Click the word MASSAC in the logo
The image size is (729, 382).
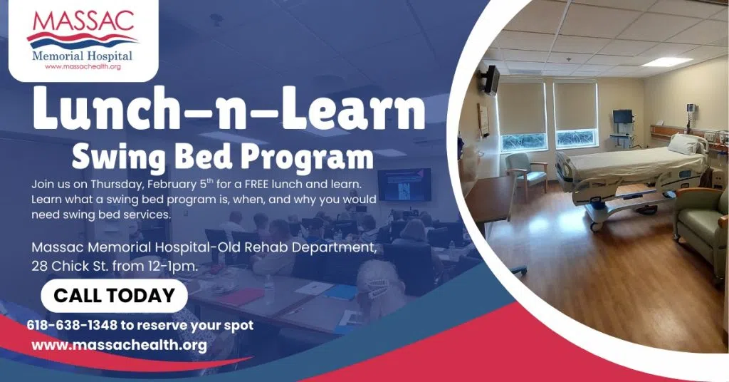coord(83,21)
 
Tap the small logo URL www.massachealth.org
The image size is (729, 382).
coord(83,66)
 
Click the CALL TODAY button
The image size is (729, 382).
coord(115,296)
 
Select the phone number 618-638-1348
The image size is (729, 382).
coord(72,325)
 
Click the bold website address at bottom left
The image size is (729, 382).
coord(120,345)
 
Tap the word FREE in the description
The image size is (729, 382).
coord(257,184)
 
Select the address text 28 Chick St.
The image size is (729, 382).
coord(70,266)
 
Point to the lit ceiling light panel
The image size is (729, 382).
coord(667,61)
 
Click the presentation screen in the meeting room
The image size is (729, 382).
coord(404,185)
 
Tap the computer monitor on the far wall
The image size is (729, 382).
coord(622,116)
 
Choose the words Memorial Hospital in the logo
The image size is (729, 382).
coord(83,56)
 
